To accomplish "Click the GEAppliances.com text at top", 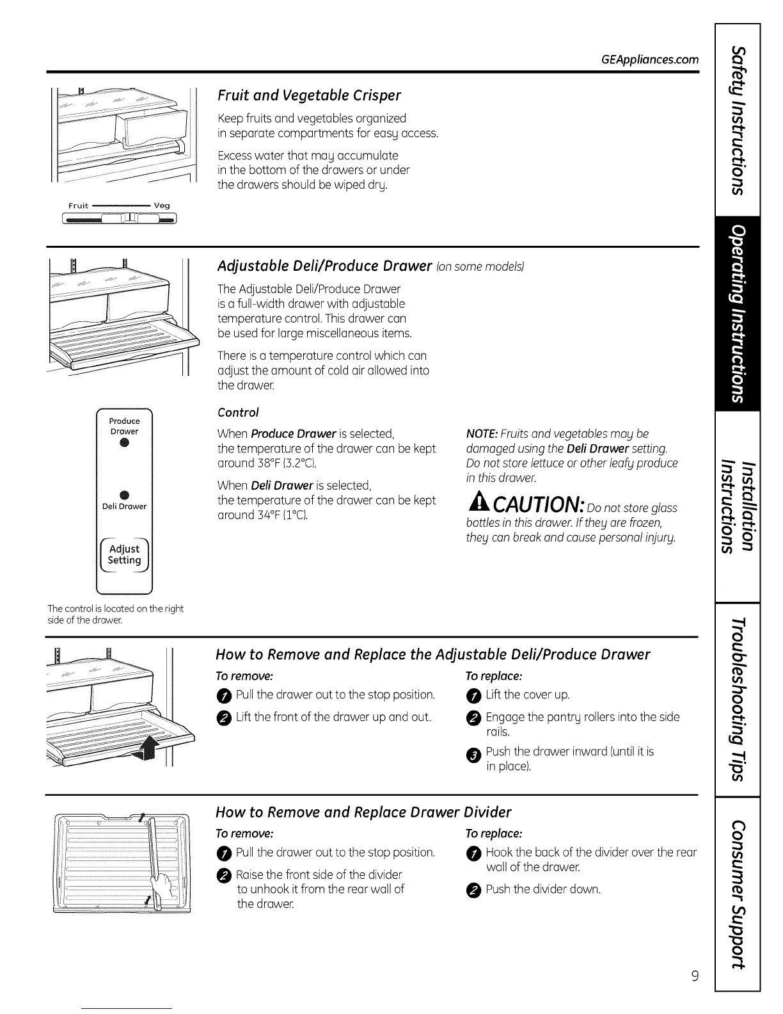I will click(x=649, y=60).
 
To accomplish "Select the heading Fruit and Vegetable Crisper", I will click(x=309, y=95).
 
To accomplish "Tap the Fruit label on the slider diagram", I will click(x=78, y=205).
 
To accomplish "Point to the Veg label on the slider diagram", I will click(x=162, y=205).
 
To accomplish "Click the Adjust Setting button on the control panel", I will click(x=124, y=554).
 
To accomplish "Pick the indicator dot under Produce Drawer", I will click(x=124, y=445).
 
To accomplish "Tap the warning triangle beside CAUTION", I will click(x=478, y=506).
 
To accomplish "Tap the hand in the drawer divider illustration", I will click(x=160, y=889).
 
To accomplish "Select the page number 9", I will click(x=695, y=976).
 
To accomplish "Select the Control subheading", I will click(x=238, y=412).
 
